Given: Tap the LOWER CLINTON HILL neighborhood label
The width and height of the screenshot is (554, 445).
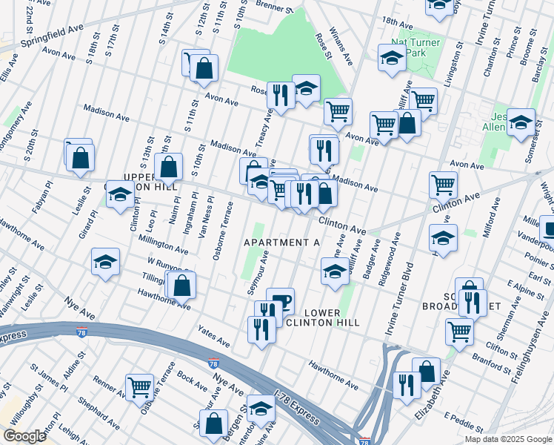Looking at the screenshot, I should click(322, 317).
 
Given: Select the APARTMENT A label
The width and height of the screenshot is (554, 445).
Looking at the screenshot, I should click(281, 243).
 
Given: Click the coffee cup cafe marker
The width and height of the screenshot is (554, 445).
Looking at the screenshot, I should click(280, 300).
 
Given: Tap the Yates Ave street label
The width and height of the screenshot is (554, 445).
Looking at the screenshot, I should click(214, 335).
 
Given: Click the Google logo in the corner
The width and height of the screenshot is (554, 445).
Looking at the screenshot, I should click(25, 435).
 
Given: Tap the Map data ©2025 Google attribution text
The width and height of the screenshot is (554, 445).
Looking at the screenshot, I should click(508, 439).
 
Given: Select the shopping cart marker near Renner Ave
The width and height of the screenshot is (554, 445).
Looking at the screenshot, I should click(139, 386).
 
